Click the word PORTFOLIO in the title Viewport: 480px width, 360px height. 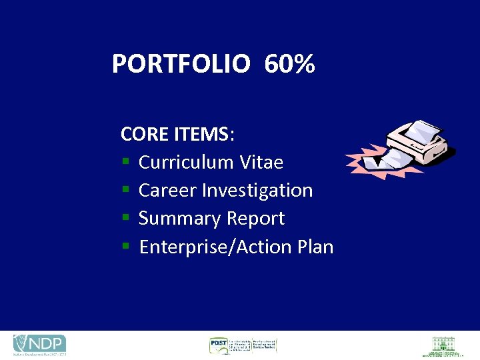181,65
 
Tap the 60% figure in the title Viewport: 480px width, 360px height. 289,65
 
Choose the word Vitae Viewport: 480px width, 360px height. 261,163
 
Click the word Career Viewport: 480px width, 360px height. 167,191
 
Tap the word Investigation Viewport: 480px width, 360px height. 257,191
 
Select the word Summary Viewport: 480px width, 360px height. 180,219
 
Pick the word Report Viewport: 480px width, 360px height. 255,219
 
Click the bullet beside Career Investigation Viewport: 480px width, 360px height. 125,191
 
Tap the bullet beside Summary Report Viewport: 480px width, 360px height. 125,219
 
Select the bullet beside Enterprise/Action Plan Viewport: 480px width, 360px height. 125,248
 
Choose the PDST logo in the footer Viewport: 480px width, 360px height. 242,345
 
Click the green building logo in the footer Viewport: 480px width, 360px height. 441,345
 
